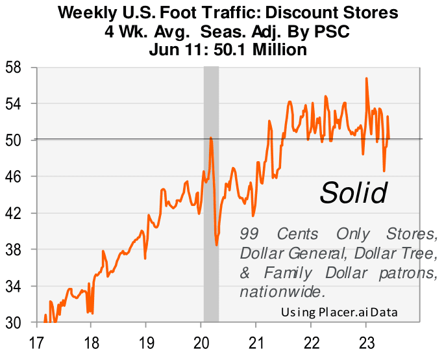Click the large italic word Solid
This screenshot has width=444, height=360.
(x=354, y=192)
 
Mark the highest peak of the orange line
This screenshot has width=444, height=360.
(x=367, y=79)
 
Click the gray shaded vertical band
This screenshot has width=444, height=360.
(x=211, y=195)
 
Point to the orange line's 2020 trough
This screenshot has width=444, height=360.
(x=217, y=244)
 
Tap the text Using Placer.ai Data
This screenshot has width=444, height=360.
(x=339, y=313)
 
